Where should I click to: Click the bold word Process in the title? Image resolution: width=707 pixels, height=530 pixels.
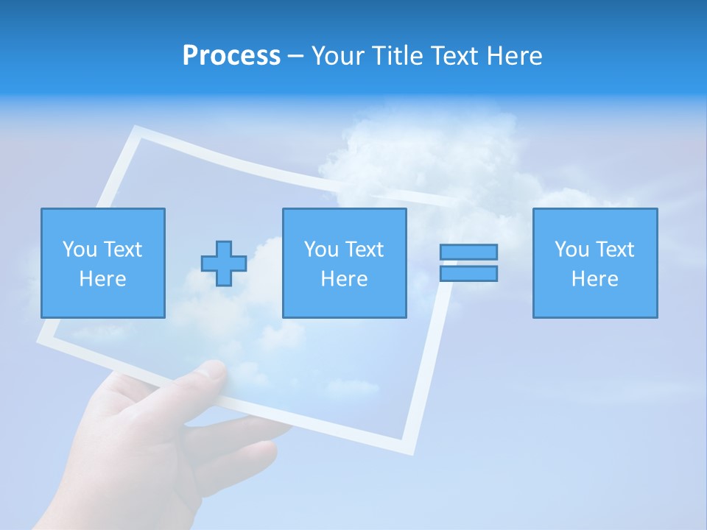[231, 56]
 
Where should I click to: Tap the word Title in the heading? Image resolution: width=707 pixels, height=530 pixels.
[397, 56]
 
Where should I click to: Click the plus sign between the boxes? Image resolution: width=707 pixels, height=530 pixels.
[224, 264]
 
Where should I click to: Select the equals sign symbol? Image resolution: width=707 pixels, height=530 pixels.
[468, 263]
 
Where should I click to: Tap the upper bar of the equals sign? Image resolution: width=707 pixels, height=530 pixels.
[468, 252]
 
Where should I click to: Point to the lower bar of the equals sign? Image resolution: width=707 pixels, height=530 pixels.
[468, 273]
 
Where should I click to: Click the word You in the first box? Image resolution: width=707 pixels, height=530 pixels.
[80, 250]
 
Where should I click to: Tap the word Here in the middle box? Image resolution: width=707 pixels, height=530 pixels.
[345, 279]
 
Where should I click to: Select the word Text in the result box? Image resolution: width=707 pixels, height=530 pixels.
[616, 250]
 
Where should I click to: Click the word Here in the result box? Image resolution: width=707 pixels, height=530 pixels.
[595, 279]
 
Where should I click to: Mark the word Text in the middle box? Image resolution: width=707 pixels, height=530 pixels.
[366, 250]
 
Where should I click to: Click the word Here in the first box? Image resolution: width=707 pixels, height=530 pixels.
[103, 279]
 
